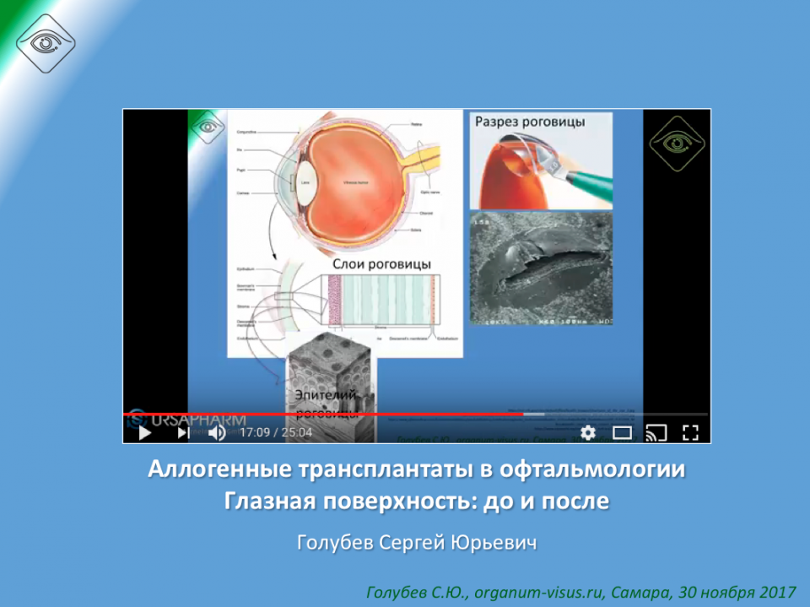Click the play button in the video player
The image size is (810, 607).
[144, 433]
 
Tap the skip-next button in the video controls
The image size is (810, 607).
[183, 433]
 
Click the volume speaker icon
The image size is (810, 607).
[217, 433]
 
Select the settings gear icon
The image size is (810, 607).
[588, 433]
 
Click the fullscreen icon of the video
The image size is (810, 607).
[690, 433]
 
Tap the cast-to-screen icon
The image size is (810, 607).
[656, 433]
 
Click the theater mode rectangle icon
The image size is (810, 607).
[623, 433]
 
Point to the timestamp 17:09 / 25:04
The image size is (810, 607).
[276, 433]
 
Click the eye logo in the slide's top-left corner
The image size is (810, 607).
[46, 42]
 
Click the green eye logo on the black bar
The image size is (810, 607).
[676, 143]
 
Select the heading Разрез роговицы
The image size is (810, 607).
[530, 122]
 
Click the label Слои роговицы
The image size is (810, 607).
[381, 264]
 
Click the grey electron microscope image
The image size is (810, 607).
[541, 268]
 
